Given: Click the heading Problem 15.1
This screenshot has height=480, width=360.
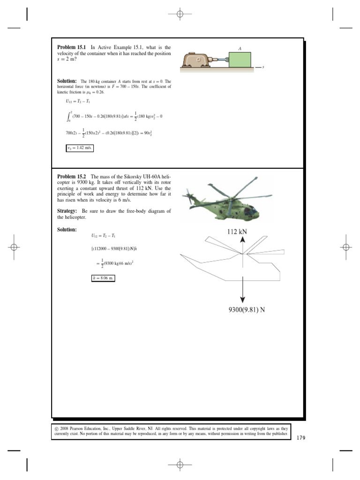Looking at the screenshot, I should [x=72, y=47].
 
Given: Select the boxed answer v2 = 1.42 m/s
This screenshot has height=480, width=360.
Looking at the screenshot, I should [x=80, y=149].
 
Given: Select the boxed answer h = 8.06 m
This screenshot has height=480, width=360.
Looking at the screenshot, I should [x=103, y=278].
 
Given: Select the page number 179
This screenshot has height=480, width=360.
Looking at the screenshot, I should [x=300, y=438].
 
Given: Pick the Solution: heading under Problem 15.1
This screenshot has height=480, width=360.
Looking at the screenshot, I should [x=67, y=81].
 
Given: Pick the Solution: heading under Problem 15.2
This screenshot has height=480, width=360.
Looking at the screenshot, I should [x=67, y=230].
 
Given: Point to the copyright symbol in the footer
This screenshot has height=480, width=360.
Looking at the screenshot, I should [x=57, y=428].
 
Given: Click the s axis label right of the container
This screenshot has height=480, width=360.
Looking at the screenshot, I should [x=263, y=67].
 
